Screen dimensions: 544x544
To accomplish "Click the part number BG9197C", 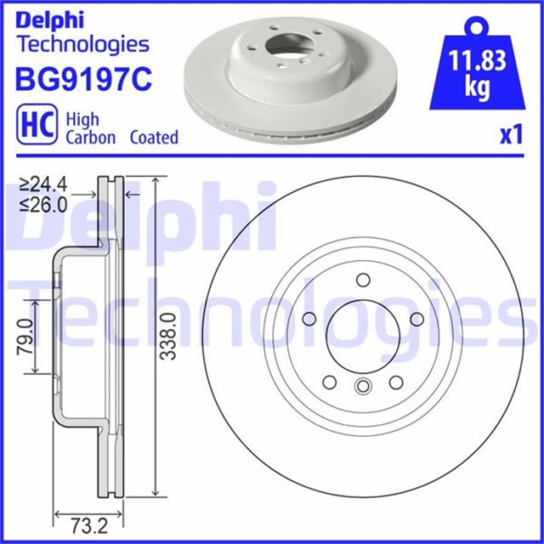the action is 83,79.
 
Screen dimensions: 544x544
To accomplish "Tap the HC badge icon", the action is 37,124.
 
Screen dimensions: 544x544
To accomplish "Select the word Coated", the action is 154,138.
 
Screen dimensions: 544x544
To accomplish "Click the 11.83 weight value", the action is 478,60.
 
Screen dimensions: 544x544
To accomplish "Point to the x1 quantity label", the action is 511,135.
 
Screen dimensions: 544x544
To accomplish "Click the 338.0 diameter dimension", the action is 169,336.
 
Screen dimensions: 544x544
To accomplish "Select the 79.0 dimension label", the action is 25,337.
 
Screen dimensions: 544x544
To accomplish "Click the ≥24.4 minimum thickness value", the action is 43,184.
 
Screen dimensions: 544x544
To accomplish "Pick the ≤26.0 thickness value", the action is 43,205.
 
